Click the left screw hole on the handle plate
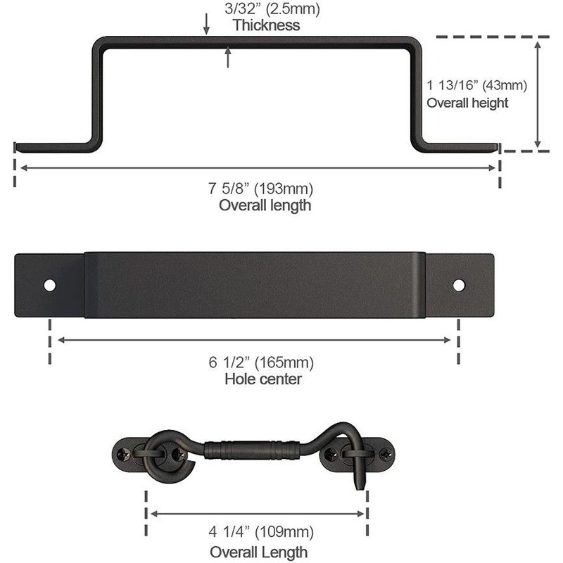pyautogui.click(x=50, y=285)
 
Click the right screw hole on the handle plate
pyautogui.click(x=459, y=285)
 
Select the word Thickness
pyautogui.click(x=266, y=26)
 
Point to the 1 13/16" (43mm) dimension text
pyautogui.click(x=476, y=85)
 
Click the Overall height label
pyautogui.click(x=467, y=103)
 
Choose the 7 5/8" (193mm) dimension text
pyautogui.click(x=260, y=189)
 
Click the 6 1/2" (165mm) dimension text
pyautogui.click(x=260, y=363)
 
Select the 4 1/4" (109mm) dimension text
pyautogui.click(x=260, y=532)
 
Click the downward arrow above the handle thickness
pyautogui.click(x=206, y=25)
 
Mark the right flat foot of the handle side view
pyautogui.click(x=461, y=146)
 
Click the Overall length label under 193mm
pyautogui.click(x=265, y=205)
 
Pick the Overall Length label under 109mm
pyautogui.click(x=258, y=550)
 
